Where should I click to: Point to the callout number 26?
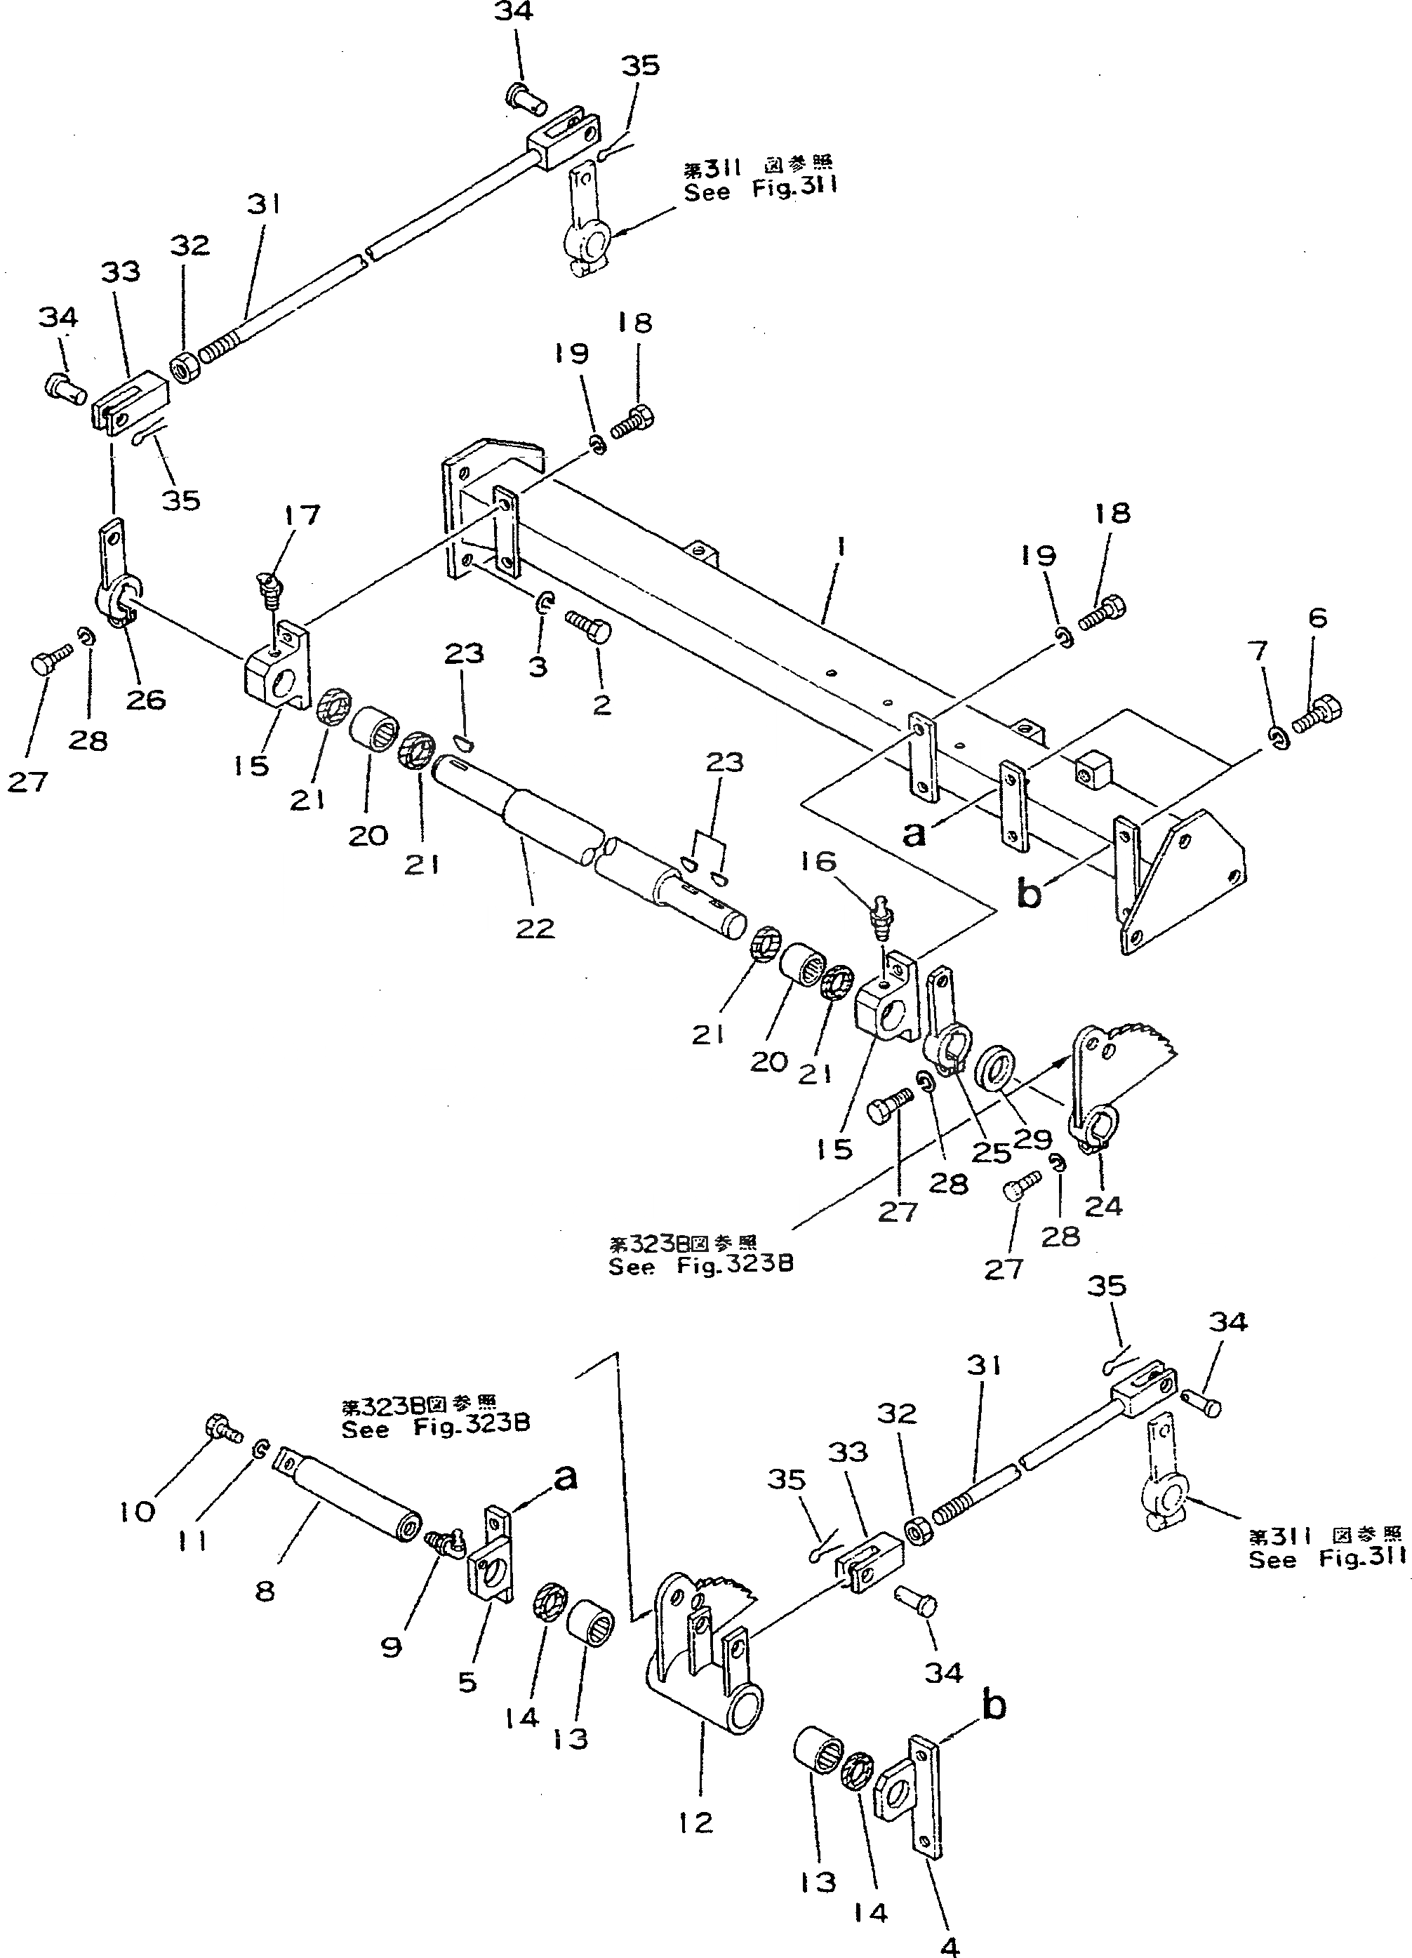click(146, 698)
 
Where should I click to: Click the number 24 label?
click(1103, 1205)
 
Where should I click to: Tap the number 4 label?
click(950, 1944)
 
